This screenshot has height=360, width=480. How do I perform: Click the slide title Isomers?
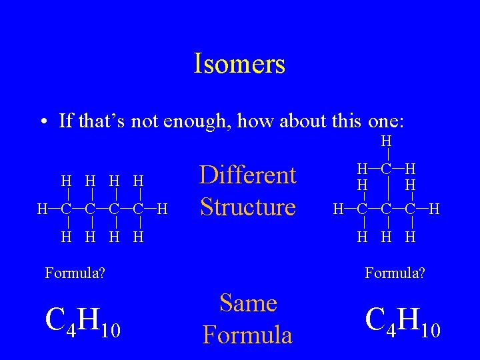(239, 64)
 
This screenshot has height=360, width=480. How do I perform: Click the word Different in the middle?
(248, 175)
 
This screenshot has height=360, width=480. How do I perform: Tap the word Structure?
(248, 207)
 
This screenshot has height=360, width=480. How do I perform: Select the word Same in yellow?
(248, 303)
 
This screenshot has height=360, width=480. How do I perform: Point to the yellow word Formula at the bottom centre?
(248, 334)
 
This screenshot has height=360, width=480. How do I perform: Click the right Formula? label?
(395, 272)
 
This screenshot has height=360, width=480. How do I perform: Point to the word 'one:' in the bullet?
(385, 121)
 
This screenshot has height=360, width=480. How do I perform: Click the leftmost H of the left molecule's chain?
(42, 209)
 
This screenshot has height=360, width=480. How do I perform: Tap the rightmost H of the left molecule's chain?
(162, 209)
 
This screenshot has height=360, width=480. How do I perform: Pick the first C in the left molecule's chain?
(66, 209)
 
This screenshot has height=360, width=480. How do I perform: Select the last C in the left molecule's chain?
(138, 209)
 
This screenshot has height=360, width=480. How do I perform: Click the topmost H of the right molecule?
(386, 141)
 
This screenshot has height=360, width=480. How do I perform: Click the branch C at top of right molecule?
(386, 169)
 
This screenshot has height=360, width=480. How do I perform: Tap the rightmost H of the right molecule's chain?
(434, 210)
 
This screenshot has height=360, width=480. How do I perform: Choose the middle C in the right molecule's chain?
(386, 210)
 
